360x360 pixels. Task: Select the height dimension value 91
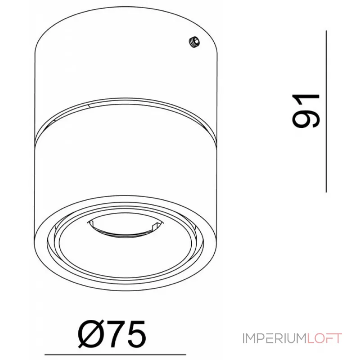(306, 111)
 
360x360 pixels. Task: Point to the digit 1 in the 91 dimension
(306, 101)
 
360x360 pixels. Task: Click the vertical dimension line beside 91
(326, 111)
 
